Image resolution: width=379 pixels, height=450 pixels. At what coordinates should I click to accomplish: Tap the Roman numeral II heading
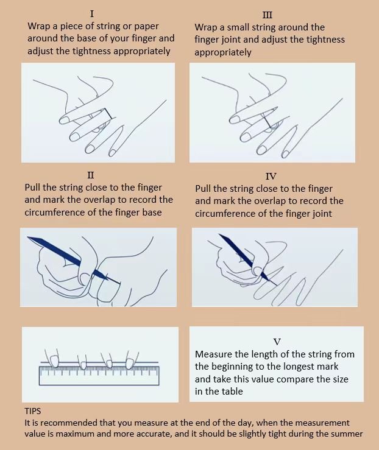91,175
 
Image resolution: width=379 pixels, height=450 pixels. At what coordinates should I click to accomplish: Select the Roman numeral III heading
267,15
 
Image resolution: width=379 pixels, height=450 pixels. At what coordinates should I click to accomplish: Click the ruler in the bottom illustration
100,374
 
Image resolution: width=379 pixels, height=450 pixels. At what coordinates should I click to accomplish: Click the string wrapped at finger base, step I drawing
108,114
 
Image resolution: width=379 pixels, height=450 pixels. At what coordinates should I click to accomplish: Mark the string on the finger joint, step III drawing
268,120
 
